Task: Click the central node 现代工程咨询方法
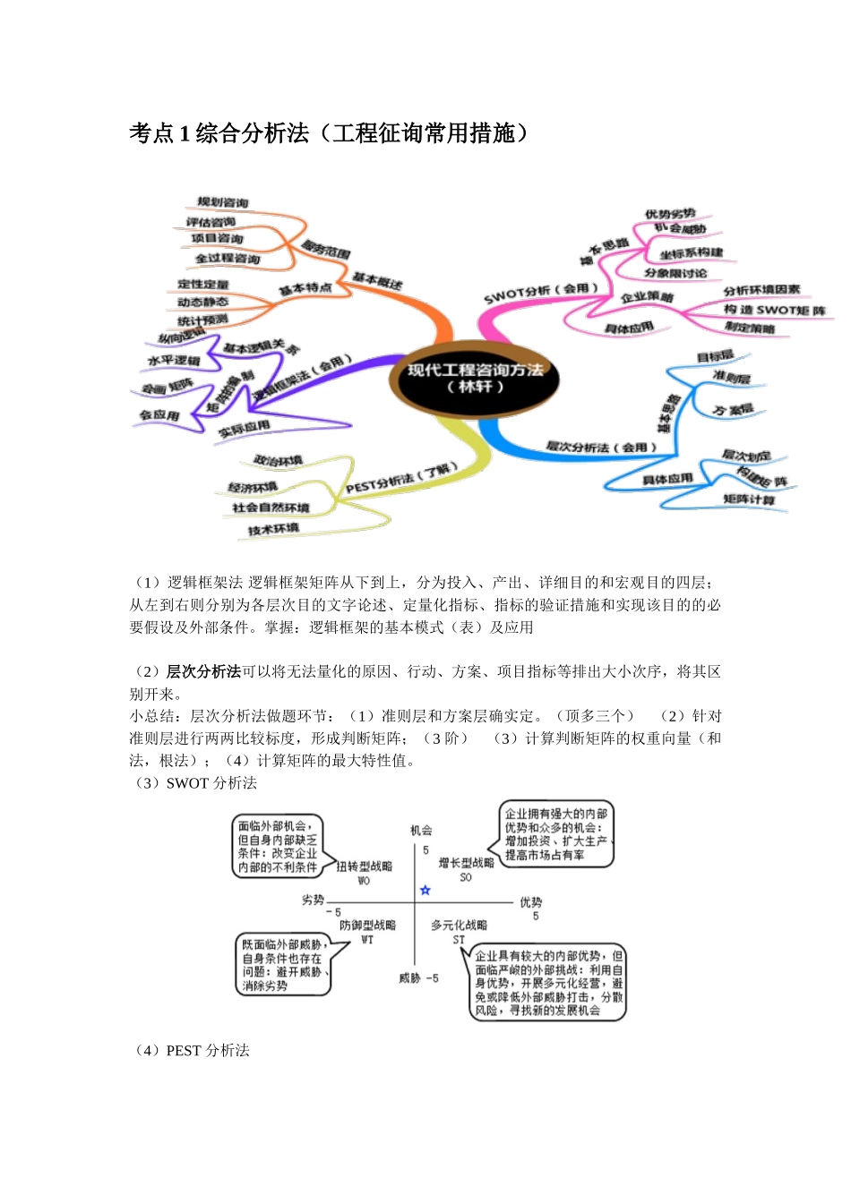click(x=475, y=377)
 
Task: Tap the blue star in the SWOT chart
click(x=425, y=890)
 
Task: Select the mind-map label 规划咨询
click(x=223, y=203)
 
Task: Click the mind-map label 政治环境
click(x=278, y=461)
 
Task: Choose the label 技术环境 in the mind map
click(x=273, y=530)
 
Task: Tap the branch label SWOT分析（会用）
click(x=541, y=293)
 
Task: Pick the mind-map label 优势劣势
click(x=669, y=214)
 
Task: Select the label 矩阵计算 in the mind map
click(x=749, y=499)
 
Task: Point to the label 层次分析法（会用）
click(x=601, y=447)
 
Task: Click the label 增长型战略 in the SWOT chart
click(x=466, y=863)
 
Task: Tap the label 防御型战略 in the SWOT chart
click(x=367, y=926)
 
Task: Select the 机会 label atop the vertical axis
click(x=421, y=831)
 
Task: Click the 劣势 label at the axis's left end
click(x=313, y=900)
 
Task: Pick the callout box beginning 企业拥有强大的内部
click(x=555, y=834)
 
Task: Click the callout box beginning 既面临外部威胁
click(x=283, y=965)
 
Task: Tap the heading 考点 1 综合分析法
click(x=328, y=133)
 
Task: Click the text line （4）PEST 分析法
click(x=192, y=1051)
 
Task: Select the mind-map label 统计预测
click(x=202, y=320)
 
